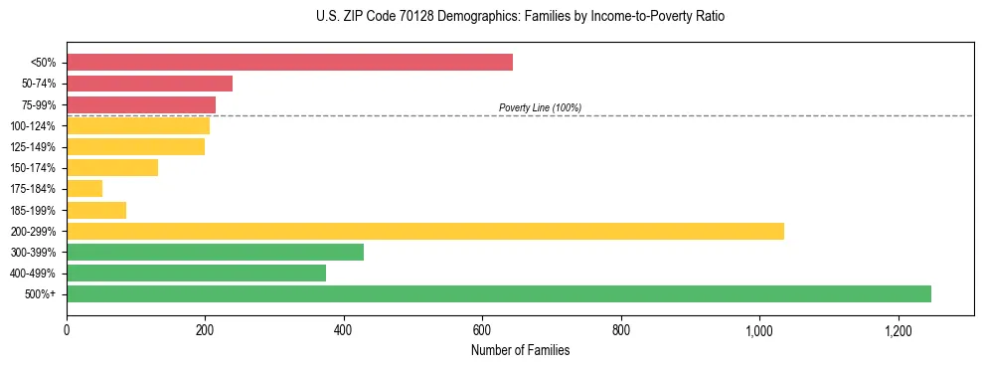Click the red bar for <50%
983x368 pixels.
pos(289,63)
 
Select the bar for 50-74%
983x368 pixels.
pos(149,84)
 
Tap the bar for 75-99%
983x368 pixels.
pos(141,104)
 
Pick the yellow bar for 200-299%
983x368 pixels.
pos(425,231)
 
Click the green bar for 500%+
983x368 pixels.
pos(499,294)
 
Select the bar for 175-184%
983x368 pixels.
pos(84,189)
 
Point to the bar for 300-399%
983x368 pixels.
pos(215,252)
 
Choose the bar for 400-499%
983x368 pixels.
pos(196,274)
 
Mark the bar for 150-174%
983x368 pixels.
pos(112,168)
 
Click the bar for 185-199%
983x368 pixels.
pos(96,210)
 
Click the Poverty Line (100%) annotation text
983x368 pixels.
pos(540,107)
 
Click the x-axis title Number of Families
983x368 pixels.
pos(520,350)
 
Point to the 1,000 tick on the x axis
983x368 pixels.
pos(759,329)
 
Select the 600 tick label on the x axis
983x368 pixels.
pos(482,329)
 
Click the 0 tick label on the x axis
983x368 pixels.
pos(67,329)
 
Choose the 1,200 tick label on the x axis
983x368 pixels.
pos(898,329)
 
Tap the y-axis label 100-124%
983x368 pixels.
pos(32,126)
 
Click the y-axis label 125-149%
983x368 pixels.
pos(32,147)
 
